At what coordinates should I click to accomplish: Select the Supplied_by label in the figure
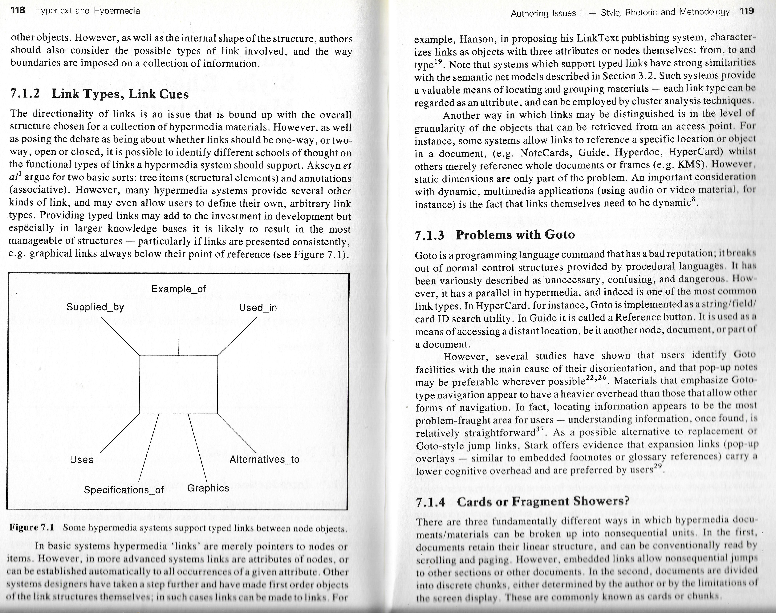[x=95, y=307]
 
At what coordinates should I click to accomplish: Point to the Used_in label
[x=258, y=308]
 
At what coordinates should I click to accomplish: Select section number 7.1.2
[x=25, y=94]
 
